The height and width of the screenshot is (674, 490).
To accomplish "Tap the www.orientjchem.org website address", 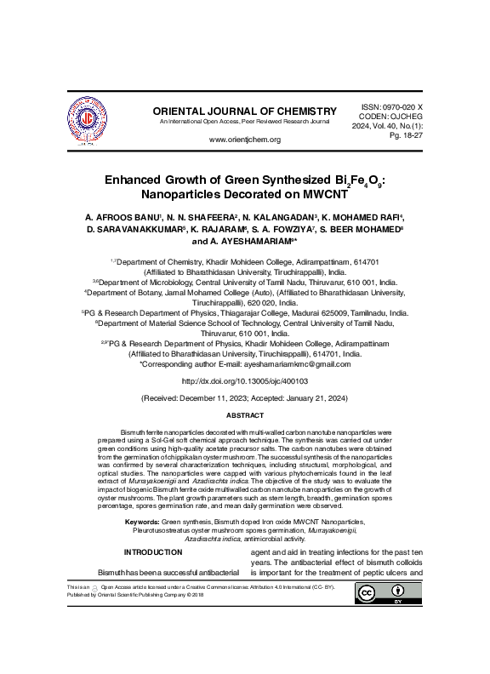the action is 244,140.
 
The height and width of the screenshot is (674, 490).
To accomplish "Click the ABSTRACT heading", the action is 244,415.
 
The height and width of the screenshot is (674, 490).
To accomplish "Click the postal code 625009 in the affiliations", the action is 339,312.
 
